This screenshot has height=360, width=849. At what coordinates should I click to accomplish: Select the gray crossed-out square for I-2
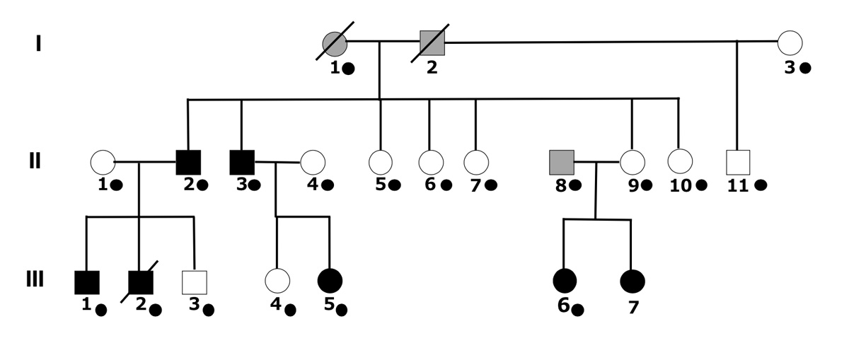(432, 42)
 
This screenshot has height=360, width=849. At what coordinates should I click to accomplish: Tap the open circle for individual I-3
(790, 42)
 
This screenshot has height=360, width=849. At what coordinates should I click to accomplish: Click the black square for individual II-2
(188, 162)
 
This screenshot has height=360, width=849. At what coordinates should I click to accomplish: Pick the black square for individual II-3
(242, 162)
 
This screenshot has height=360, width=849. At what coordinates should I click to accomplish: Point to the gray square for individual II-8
(562, 162)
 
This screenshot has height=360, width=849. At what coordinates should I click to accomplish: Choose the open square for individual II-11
(738, 163)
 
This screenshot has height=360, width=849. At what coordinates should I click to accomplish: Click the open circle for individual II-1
(103, 162)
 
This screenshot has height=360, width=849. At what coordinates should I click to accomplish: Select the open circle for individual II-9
(632, 162)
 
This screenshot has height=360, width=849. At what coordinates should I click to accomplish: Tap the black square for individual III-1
(86, 281)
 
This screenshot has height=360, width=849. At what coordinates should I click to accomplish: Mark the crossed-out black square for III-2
(141, 281)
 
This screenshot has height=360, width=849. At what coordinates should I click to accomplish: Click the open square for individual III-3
(193, 281)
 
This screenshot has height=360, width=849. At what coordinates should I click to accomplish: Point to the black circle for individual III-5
(330, 281)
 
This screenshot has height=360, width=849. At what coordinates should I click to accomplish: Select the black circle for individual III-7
(632, 281)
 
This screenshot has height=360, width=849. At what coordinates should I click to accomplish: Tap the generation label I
(37, 44)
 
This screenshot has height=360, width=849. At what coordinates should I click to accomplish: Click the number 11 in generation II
(738, 185)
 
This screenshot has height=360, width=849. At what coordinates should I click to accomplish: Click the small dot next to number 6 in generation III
(577, 310)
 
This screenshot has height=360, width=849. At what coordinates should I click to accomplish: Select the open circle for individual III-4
(277, 281)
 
